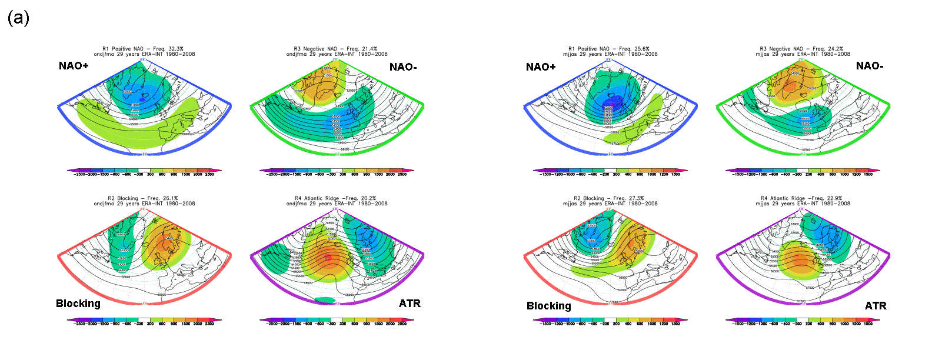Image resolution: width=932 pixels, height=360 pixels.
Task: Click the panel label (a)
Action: click(x=18, y=18)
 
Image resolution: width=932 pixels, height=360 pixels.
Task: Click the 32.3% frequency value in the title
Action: click(x=176, y=49)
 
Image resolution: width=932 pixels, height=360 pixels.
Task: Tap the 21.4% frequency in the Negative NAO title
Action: click(x=370, y=49)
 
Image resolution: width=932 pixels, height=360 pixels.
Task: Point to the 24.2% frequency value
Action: click(x=836, y=49)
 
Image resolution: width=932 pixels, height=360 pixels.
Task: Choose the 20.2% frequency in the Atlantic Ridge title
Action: click(x=369, y=198)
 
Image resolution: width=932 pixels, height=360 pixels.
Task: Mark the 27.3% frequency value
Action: click(x=636, y=198)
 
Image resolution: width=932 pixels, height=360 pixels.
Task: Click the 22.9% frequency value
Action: click(x=834, y=198)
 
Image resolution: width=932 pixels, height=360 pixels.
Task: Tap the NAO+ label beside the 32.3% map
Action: click(x=74, y=66)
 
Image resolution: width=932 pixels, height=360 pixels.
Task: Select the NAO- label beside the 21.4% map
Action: click(x=403, y=67)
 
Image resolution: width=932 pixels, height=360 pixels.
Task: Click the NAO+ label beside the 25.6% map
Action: click(x=541, y=67)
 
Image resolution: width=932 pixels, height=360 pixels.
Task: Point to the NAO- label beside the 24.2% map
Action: click(x=870, y=66)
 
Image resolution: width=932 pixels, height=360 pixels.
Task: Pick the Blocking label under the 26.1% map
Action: click(x=78, y=304)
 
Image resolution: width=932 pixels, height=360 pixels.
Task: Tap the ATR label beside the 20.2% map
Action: click(x=410, y=304)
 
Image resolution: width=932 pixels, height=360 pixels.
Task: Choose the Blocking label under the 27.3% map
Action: click(x=549, y=306)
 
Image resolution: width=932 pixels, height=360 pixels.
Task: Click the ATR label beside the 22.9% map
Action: click(x=876, y=306)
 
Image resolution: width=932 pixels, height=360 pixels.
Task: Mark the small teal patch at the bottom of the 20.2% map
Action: click(x=325, y=300)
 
